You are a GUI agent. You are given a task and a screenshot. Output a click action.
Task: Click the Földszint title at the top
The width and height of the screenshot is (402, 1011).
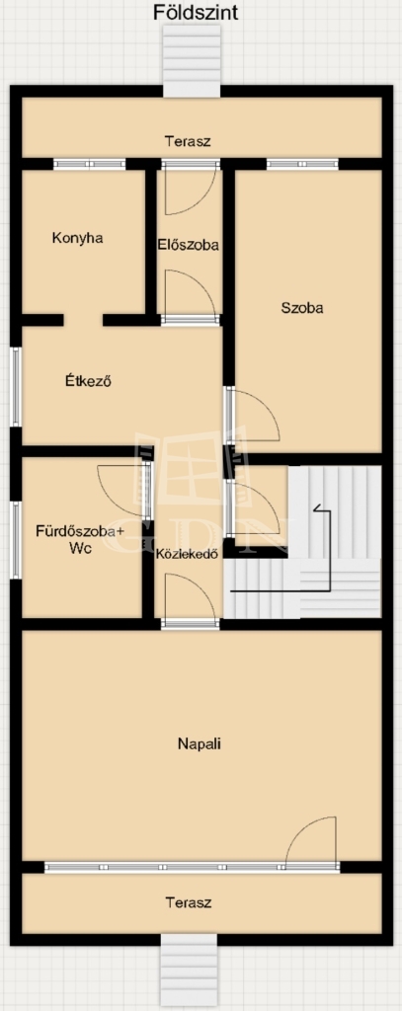[196, 12]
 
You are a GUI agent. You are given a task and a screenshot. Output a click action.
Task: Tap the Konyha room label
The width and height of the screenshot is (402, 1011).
[77, 238]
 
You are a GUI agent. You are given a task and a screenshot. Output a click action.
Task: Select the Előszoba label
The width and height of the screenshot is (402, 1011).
[188, 245]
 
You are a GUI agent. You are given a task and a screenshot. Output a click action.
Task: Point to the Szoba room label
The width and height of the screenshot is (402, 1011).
[302, 308]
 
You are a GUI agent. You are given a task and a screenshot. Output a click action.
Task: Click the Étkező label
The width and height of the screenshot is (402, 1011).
[89, 380]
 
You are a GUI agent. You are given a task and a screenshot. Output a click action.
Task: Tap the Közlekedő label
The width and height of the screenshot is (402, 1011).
[186, 553]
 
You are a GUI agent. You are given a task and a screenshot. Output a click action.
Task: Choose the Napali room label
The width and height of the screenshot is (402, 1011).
[200, 743]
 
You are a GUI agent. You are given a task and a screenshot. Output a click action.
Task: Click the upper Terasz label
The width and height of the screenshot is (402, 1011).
[188, 141]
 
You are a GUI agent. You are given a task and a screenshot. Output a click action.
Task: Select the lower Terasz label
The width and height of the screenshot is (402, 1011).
[189, 902]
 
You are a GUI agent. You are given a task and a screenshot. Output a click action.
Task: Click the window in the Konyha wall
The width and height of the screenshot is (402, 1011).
[89, 165]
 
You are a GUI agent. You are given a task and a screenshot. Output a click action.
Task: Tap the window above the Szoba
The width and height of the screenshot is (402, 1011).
[302, 165]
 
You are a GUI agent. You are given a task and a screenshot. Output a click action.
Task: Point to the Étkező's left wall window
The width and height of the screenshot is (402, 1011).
[16, 387]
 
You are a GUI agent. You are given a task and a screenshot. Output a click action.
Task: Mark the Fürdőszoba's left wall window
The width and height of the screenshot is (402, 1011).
[16, 539]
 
